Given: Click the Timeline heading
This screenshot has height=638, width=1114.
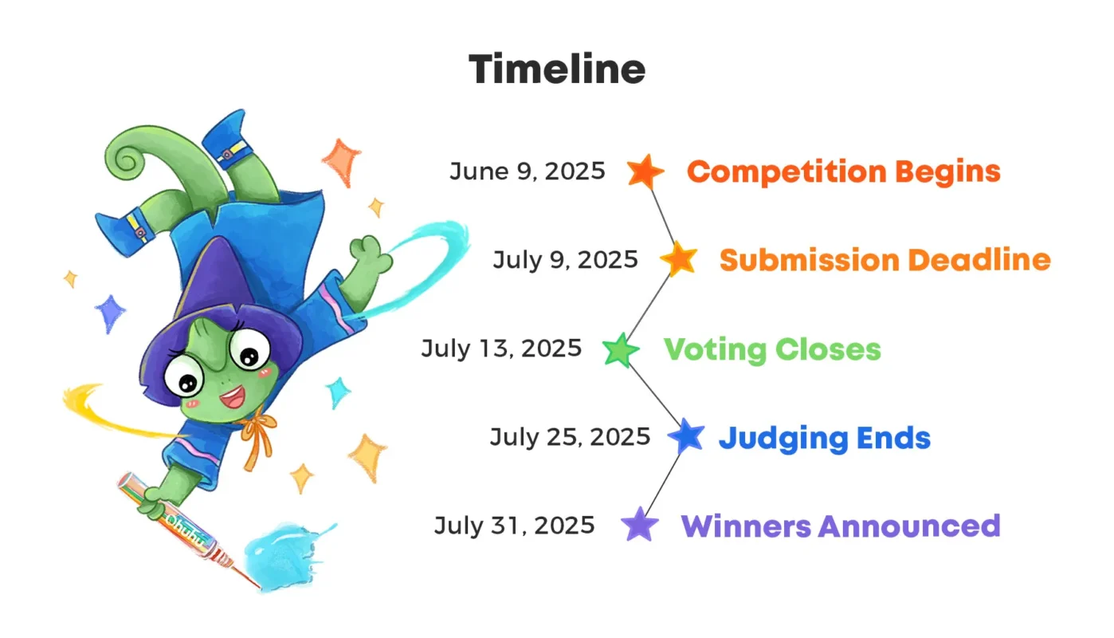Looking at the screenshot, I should click(x=556, y=69).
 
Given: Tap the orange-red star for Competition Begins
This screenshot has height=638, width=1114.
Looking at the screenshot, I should click(x=645, y=171).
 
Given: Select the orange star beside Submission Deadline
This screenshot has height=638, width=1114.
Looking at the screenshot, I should click(x=679, y=259).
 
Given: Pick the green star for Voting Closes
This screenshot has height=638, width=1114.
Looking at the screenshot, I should click(x=620, y=350).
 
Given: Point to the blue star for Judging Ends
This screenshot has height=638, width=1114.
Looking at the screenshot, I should click(x=686, y=437).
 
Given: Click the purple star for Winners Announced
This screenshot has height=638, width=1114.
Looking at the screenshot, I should click(x=640, y=526).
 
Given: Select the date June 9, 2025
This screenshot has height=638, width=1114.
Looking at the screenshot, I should click(x=527, y=171).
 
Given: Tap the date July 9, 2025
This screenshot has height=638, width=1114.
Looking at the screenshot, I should click(x=565, y=260).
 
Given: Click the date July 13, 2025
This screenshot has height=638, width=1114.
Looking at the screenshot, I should click(x=501, y=349).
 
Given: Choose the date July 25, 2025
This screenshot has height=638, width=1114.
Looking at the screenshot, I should click(x=570, y=437).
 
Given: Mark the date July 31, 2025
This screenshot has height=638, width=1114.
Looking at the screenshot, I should click(x=514, y=526).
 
